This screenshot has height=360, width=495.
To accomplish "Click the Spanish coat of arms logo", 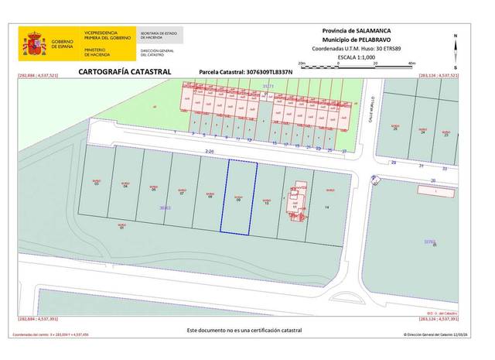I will coord(35,43).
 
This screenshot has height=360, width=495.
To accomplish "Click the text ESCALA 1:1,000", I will coord(358,57).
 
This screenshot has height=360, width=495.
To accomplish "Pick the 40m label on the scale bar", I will coord(411,63).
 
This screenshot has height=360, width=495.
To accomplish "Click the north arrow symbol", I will coord(457,45).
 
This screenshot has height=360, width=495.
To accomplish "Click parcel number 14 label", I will coord(327,207).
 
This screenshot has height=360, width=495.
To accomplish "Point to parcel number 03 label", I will coord(97,184).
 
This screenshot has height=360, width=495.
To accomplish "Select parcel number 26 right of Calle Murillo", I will coord(396,129).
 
